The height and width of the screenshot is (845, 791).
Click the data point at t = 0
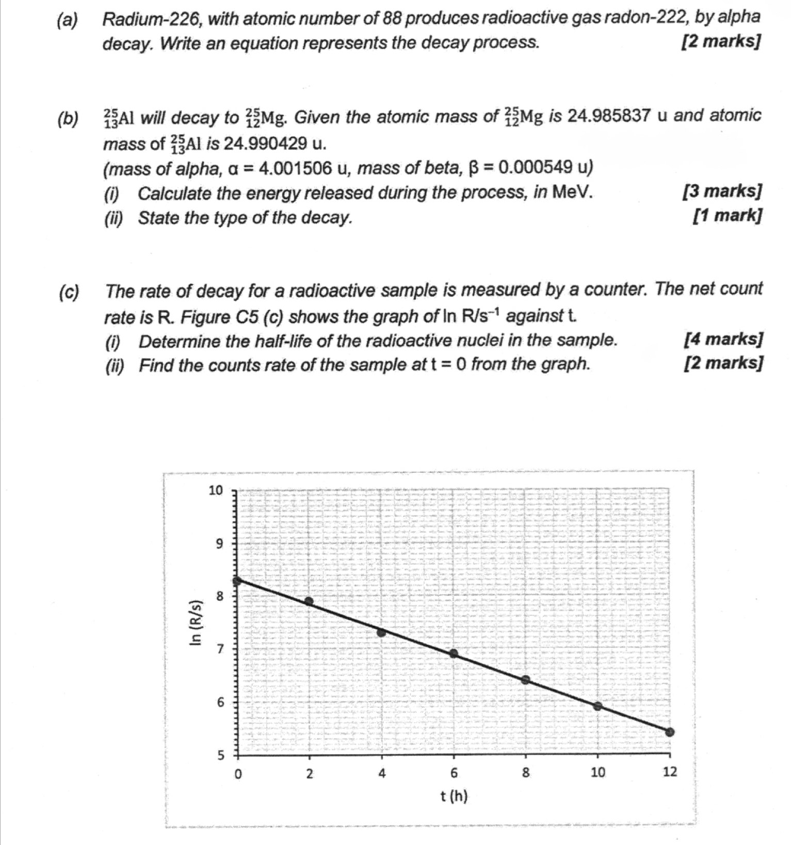(x=237, y=581)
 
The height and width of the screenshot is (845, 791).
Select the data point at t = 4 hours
(x=382, y=632)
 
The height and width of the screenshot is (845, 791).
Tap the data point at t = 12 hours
(x=670, y=732)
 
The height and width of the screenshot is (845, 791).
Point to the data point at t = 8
(x=525, y=680)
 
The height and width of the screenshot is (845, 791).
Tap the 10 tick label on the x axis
(x=598, y=773)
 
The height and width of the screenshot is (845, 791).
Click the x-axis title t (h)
(x=454, y=796)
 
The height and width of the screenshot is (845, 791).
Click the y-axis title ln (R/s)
(x=196, y=624)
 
